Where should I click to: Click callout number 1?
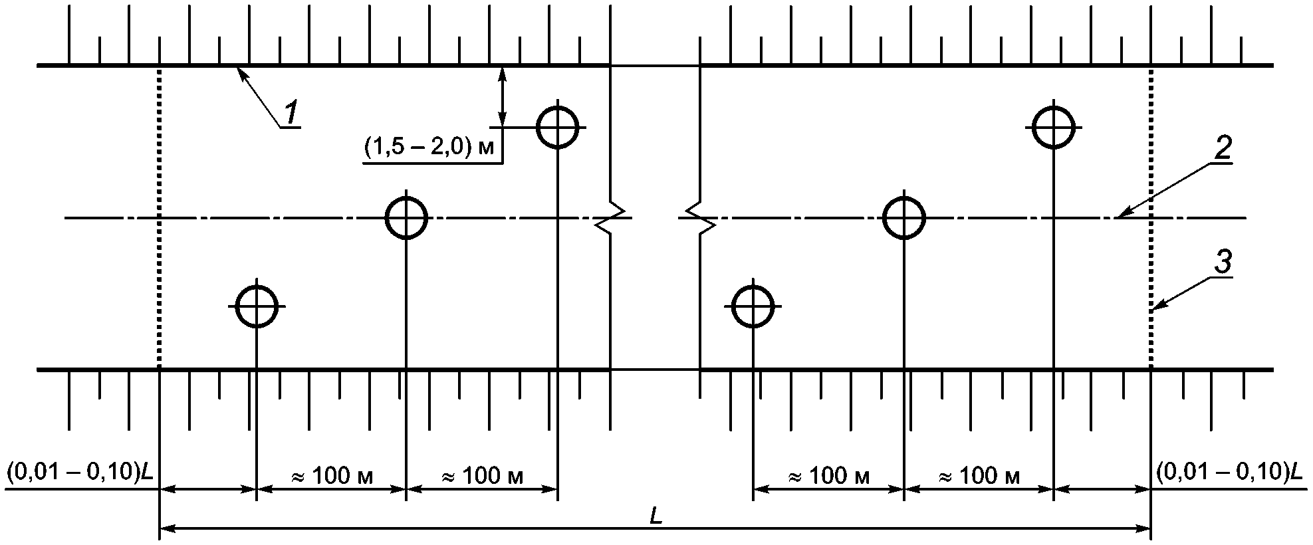click(x=291, y=112)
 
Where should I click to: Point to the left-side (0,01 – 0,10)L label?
click(x=79, y=473)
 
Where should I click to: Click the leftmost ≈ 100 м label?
click(x=332, y=476)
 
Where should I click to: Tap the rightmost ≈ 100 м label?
click(x=978, y=476)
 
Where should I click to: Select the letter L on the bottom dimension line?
click(x=656, y=518)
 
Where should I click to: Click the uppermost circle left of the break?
click(x=558, y=126)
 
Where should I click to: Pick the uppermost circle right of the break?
click(x=1054, y=126)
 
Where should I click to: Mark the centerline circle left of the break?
click(x=406, y=217)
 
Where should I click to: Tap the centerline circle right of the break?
click(x=904, y=217)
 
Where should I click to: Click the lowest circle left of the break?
click(x=257, y=306)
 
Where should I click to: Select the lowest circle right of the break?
click(x=753, y=306)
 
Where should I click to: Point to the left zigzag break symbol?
click(x=611, y=217)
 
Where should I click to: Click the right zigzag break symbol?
click(x=699, y=217)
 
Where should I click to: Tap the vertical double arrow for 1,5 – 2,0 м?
click(x=503, y=96)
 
